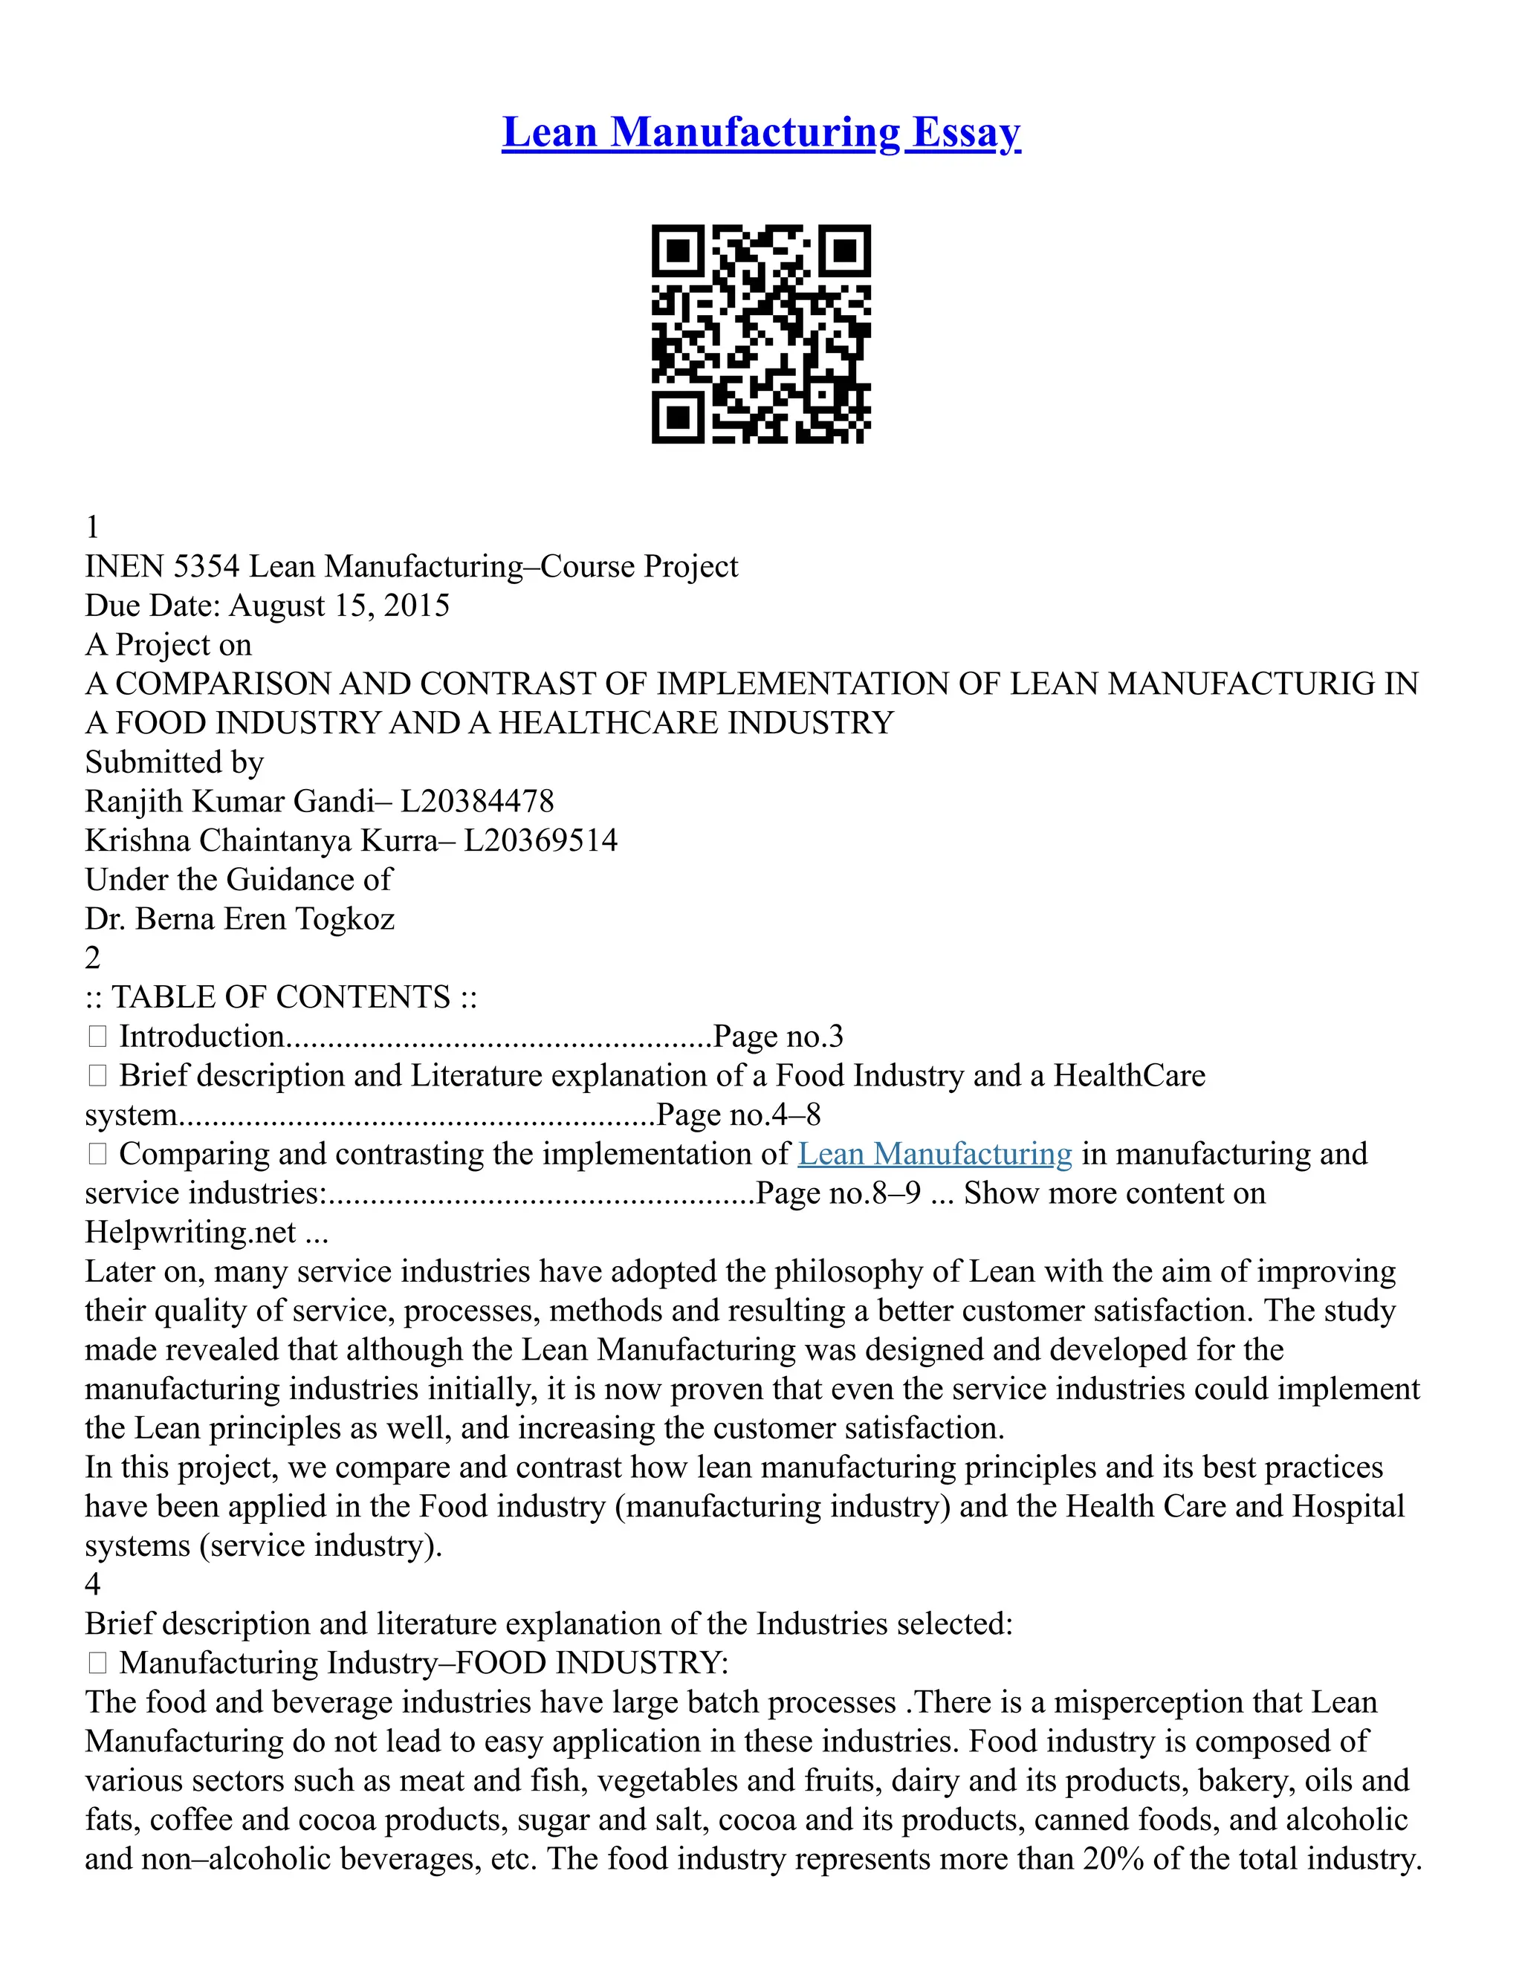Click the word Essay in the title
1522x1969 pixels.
coord(965,132)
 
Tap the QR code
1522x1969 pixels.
coord(761,334)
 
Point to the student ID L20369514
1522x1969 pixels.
coord(540,840)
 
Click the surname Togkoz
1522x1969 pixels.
coord(346,918)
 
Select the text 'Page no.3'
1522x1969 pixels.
coord(777,1036)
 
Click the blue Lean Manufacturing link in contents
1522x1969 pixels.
coord(934,1154)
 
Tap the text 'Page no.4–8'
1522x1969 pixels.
coord(739,1115)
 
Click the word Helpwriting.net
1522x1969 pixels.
coord(190,1231)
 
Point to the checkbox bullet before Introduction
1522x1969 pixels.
coord(97,1037)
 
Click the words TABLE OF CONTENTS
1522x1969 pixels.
coord(280,997)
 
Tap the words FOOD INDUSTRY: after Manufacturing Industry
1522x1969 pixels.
coord(592,1662)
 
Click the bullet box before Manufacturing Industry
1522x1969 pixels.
coord(97,1662)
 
